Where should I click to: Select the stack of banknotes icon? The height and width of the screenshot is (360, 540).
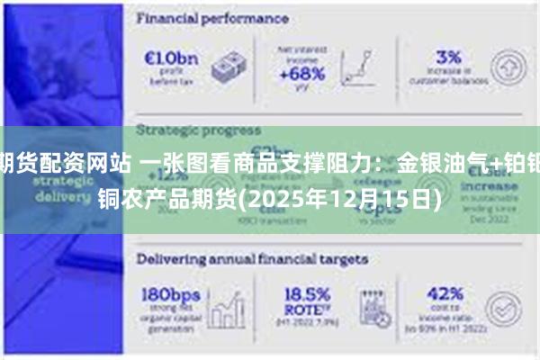tap(229, 67)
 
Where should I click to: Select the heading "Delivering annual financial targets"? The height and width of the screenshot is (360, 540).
tap(252, 258)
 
